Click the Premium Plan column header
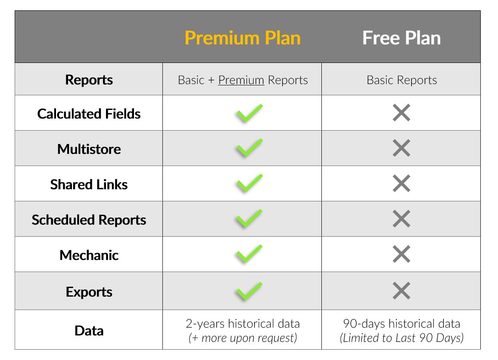243,38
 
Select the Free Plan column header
402,38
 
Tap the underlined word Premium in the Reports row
241,80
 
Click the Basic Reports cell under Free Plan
402,80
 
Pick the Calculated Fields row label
89,114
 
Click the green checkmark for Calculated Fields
249,113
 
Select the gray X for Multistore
402,148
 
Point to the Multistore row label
89,149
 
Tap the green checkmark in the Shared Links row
249,183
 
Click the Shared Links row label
89,184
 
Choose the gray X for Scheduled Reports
402,219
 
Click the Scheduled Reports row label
89,220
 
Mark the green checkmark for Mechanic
249,254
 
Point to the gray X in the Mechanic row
402,254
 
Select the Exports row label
89,292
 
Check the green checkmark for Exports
249,291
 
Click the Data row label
89,331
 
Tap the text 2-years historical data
243,324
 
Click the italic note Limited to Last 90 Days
402,338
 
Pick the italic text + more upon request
243,338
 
